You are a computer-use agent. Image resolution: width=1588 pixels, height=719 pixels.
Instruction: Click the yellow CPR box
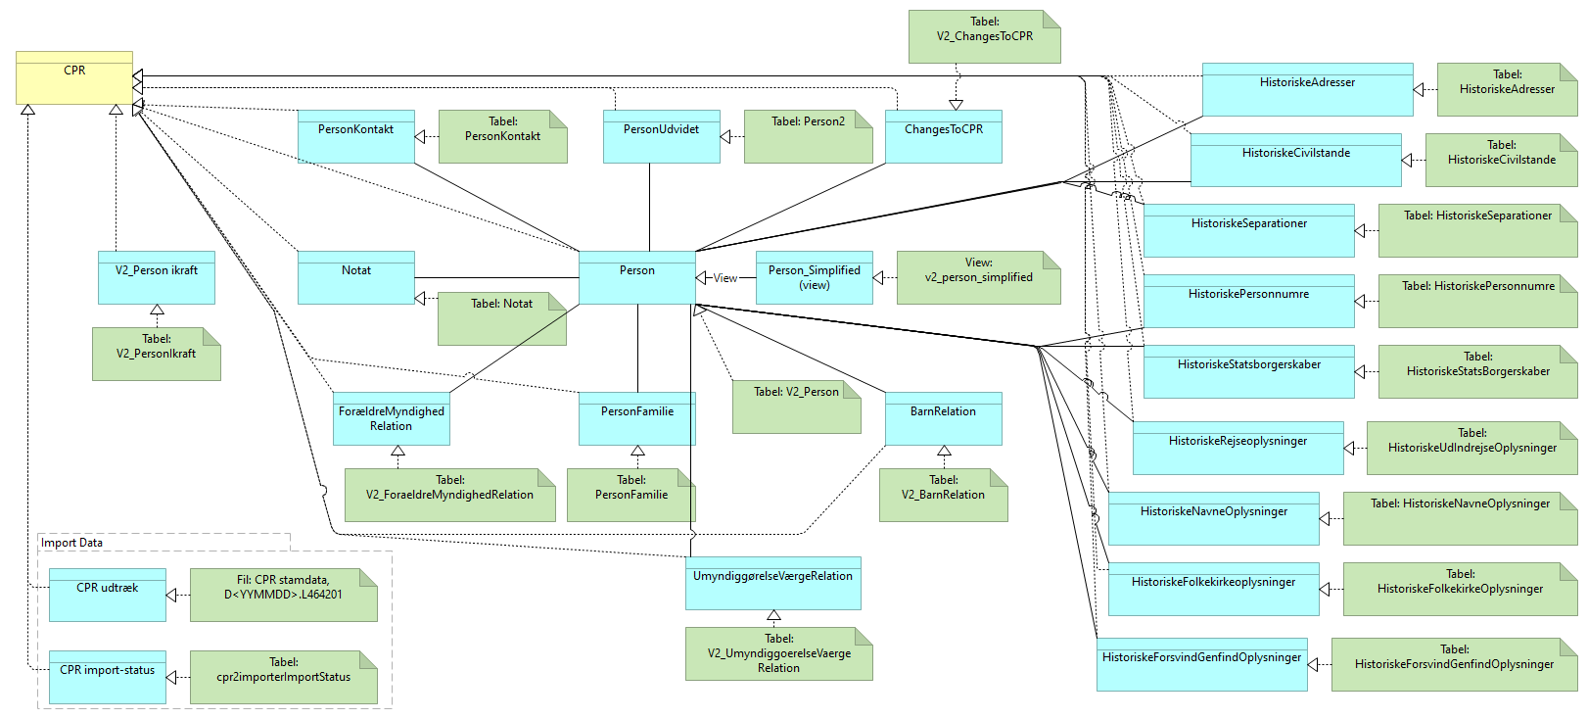point(74,77)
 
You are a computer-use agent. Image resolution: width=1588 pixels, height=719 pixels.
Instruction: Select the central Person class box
point(637,277)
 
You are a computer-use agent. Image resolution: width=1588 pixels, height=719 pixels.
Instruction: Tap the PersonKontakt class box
point(356,136)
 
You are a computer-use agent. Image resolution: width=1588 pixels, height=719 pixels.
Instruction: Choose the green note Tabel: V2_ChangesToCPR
point(984,37)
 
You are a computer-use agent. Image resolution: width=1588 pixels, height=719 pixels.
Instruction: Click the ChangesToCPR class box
point(944,136)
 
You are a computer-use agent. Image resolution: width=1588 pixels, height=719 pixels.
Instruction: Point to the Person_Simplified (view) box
point(814,277)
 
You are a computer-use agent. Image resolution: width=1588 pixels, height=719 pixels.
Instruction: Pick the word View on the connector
point(725,278)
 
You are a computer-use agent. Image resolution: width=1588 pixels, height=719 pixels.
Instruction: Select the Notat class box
point(356,277)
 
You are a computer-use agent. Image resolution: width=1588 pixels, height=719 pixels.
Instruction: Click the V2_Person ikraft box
point(157,277)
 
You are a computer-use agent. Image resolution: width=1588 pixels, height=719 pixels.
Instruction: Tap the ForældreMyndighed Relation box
point(392,419)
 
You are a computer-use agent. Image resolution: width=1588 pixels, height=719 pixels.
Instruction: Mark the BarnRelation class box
point(944,419)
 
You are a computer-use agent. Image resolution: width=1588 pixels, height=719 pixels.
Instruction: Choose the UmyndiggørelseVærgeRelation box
point(773,583)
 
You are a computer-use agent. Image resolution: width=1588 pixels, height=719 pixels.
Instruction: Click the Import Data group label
point(71,543)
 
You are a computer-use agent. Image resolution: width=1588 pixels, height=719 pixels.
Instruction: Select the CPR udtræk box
point(108,595)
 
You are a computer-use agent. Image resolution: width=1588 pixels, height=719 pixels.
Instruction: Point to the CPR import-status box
point(108,677)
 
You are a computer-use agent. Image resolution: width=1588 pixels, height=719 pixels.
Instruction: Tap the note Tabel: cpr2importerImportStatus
point(283,677)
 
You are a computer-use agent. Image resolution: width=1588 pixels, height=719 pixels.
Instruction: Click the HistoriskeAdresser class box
point(1307,89)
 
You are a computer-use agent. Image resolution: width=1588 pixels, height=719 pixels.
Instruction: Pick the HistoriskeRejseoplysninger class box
point(1238,448)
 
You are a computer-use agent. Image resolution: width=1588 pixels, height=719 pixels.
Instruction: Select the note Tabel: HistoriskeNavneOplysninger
point(1460,518)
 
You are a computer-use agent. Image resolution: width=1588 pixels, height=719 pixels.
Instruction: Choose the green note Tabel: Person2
point(808,136)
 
